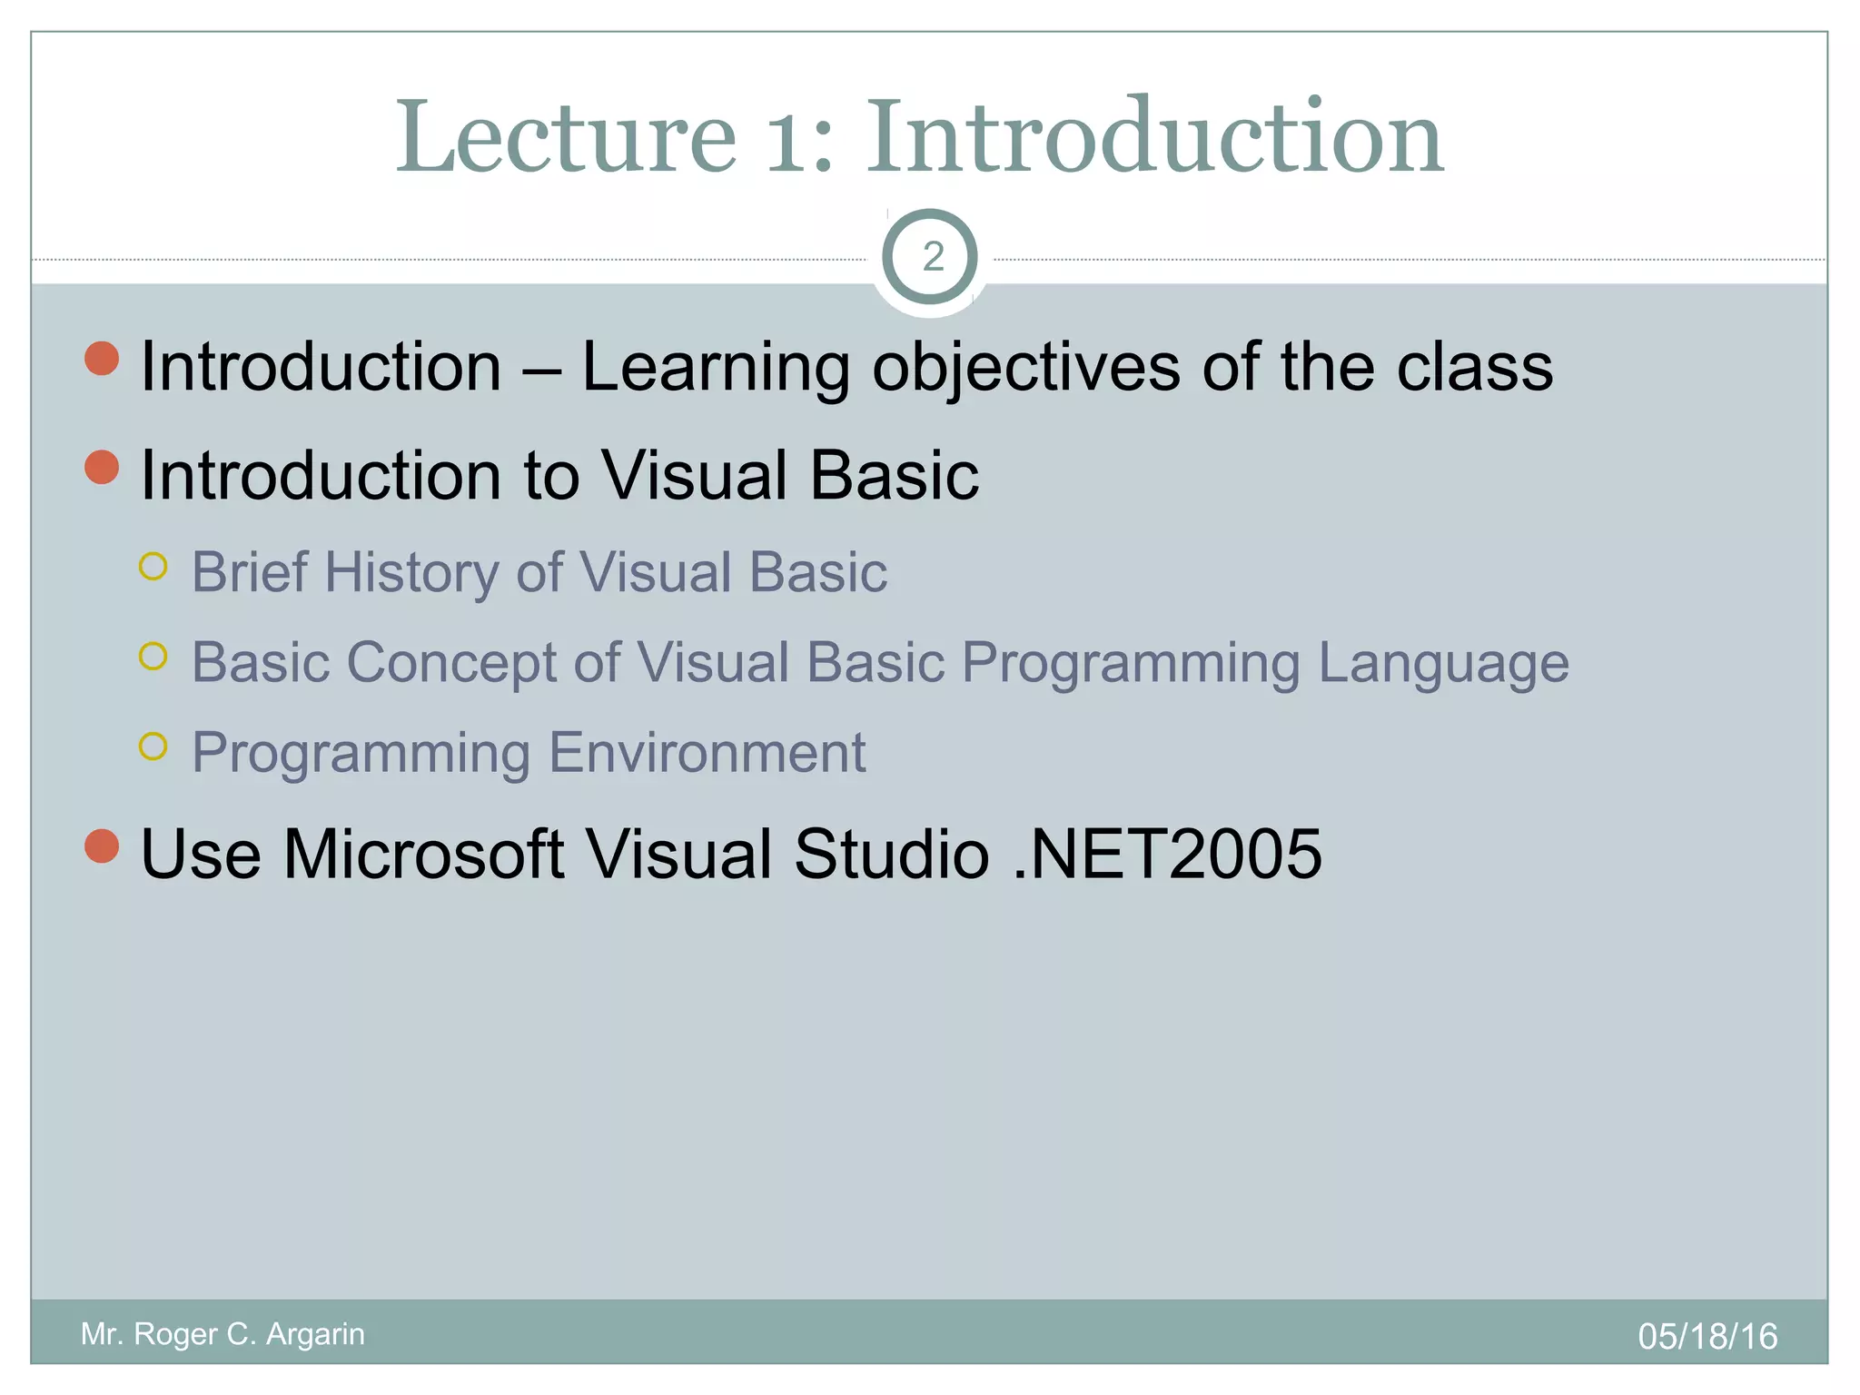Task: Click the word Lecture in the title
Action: pos(565,138)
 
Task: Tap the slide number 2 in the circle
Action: pos(932,258)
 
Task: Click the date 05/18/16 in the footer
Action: pos(1707,1336)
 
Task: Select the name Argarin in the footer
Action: pos(314,1333)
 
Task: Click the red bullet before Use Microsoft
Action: pos(102,846)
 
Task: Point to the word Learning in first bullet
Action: pos(715,367)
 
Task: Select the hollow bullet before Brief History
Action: pos(153,567)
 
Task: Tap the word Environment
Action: pos(707,752)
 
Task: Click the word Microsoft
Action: pos(423,854)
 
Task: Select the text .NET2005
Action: pos(1166,854)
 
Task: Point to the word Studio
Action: pos(891,854)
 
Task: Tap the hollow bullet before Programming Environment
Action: pos(153,747)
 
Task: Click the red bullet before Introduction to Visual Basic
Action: pos(102,468)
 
